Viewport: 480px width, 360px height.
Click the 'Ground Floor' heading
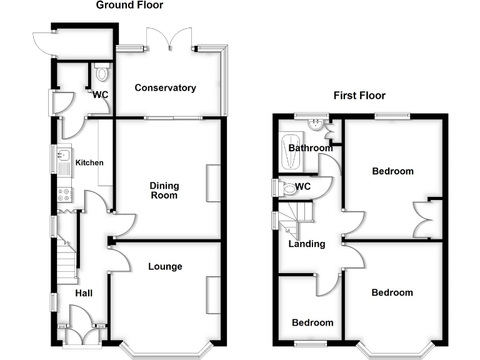129,6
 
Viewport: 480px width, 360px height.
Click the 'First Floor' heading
359,96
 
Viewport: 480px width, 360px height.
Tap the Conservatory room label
165,88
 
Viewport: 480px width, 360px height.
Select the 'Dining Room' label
164,190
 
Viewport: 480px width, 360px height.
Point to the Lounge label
165,267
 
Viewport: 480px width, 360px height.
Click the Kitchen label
89,162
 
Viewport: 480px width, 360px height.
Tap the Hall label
84,292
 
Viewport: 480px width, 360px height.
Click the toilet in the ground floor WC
102,74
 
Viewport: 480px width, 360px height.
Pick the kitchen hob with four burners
64,194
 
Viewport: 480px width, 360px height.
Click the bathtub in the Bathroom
291,153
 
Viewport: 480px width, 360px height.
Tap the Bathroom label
311,148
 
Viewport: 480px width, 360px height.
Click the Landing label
306,244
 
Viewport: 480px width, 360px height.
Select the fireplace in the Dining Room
213,183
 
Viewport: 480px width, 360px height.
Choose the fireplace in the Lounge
213,295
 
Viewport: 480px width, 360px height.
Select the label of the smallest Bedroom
312,322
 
